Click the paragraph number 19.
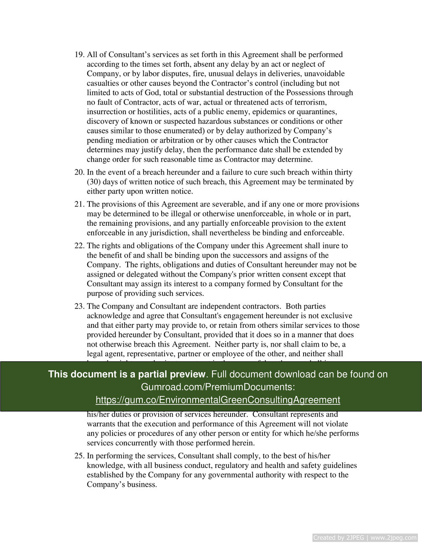[x=79, y=55]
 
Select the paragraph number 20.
[x=79, y=172]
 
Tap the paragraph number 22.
[x=79, y=246]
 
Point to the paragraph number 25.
[x=79, y=456]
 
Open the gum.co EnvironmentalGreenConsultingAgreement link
[x=218, y=400]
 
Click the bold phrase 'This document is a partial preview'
[x=127, y=374]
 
